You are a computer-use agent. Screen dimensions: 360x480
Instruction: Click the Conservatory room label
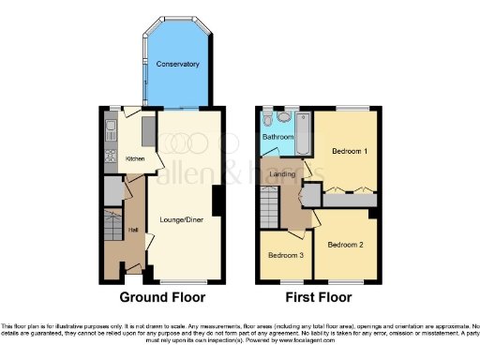pos(178,65)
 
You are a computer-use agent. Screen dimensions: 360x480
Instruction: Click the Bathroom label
pos(277,137)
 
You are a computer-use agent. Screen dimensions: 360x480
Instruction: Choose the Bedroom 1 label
pos(347,152)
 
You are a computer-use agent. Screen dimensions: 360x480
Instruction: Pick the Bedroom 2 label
pos(345,245)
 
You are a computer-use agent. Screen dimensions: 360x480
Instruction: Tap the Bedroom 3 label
pos(285,255)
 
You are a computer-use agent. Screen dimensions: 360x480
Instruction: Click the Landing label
pos(283,173)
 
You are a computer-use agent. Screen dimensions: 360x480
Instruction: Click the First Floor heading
pos(314,298)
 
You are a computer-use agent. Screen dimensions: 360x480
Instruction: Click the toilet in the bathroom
pos(268,118)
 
